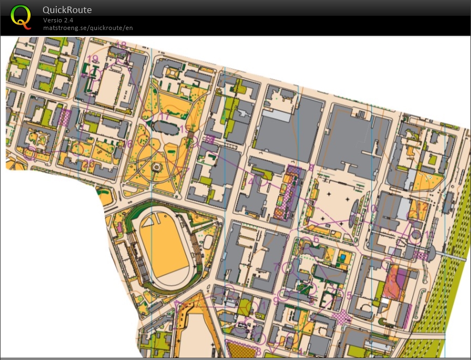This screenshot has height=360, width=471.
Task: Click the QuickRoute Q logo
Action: pyautogui.click(x=20, y=16)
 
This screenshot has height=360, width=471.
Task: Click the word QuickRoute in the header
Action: pyautogui.click(x=67, y=10)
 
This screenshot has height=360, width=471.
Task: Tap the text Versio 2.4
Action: pyautogui.click(x=58, y=20)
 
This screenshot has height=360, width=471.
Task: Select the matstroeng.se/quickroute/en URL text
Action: pyautogui.click(x=88, y=28)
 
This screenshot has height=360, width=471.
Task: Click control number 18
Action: pyautogui.click(x=120, y=45)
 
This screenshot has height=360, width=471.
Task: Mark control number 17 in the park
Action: pyautogui.click(x=164, y=117)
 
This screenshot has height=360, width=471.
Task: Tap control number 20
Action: pyautogui.click(x=89, y=163)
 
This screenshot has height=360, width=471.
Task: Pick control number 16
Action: pyautogui.click(x=129, y=143)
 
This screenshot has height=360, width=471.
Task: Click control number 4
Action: pyautogui.click(x=251, y=181)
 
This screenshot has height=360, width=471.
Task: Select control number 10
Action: pyautogui.click(x=372, y=208)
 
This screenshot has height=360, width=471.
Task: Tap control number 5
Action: pyautogui.click(x=349, y=296)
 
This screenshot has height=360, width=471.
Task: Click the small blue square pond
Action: pyautogui.click(x=342, y=257)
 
